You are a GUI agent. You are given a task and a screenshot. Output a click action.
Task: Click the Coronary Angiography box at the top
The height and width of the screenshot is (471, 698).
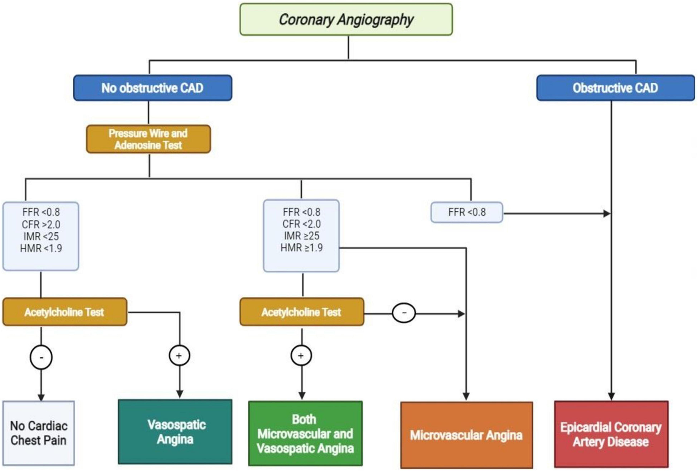coord(346,19)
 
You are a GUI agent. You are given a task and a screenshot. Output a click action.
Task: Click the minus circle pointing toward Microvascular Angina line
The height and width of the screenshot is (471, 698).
coord(404,313)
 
